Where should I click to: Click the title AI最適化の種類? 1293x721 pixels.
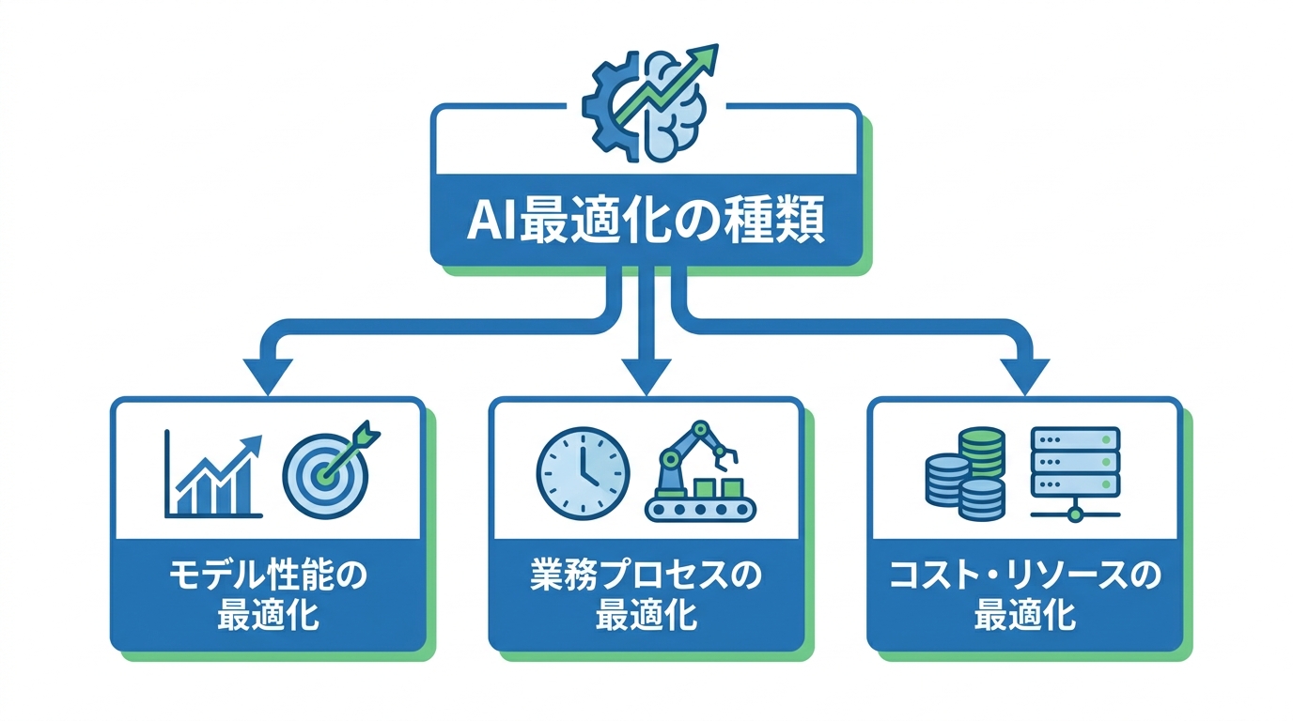click(x=646, y=223)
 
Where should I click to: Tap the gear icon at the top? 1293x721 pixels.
click(x=611, y=104)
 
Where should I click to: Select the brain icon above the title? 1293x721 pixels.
click(x=672, y=108)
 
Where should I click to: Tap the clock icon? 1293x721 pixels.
click(x=583, y=472)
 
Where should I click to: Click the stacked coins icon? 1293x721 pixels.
click(x=965, y=475)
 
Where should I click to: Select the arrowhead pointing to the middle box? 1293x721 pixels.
click(x=646, y=376)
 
